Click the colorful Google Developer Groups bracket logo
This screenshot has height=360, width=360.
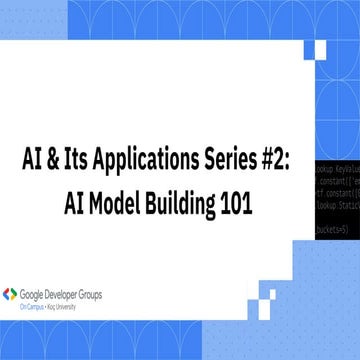[x=11, y=295]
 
